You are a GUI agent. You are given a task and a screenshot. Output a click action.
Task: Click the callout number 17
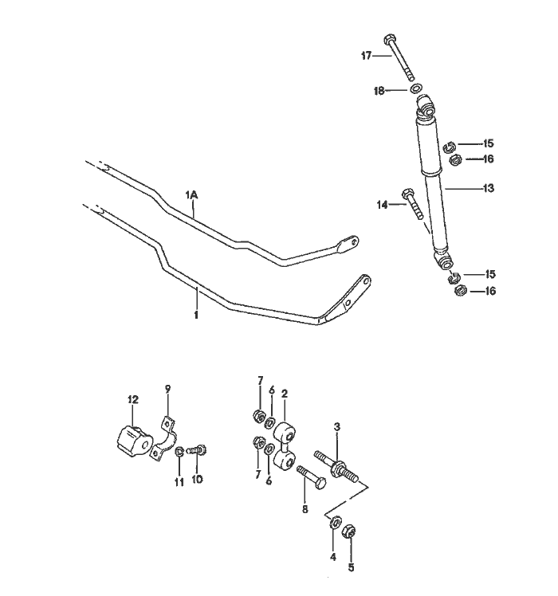pyautogui.click(x=367, y=55)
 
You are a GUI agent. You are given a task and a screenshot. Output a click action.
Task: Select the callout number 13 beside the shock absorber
pyautogui.click(x=489, y=189)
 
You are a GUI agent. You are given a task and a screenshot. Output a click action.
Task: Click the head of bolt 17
pyautogui.click(x=390, y=40)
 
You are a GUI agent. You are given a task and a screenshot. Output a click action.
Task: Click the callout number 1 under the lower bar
pyautogui.click(x=196, y=314)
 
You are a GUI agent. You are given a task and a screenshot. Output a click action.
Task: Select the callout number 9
pyautogui.click(x=167, y=389)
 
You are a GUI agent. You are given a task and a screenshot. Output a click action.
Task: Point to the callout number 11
pyautogui.click(x=179, y=482)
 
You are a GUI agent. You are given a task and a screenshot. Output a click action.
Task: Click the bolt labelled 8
pyautogui.click(x=312, y=480)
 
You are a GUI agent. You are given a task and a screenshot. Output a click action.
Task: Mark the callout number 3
pyautogui.click(x=337, y=428)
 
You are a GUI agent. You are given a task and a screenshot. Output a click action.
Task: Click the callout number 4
pyautogui.click(x=333, y=556)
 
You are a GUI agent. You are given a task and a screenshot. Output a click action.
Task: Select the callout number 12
pyautogui.click(x=133, y=398)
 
